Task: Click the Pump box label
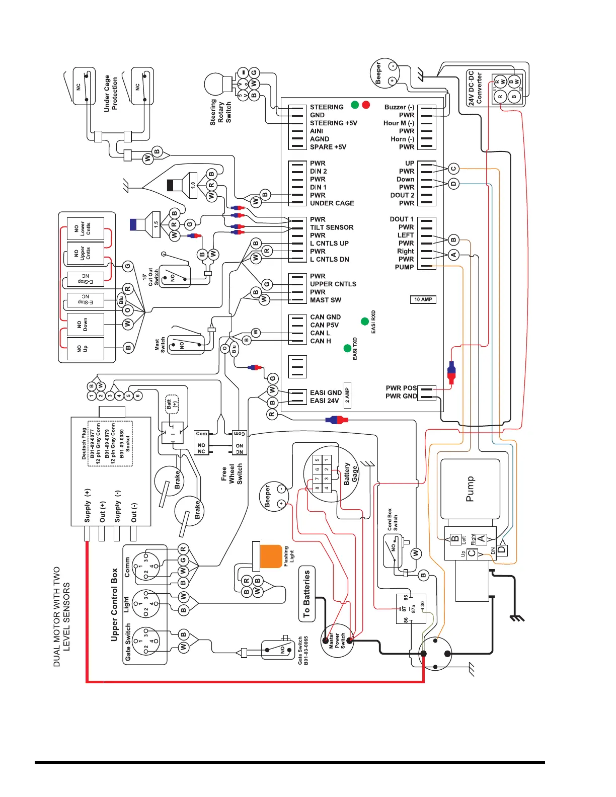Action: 470,489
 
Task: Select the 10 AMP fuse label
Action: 423,299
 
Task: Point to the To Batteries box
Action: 306,594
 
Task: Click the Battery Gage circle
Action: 330,473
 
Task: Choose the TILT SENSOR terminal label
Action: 332,227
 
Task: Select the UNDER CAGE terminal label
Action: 332,203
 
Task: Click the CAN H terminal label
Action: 321,341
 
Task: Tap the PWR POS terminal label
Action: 401,388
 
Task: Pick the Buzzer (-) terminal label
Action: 399,107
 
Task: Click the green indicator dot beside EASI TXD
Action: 347,348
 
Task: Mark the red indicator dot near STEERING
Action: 366,105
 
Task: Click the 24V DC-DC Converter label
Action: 475,88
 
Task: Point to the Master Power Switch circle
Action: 338,641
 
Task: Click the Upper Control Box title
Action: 114,604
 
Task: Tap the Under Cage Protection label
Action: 111,94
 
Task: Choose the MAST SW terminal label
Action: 325,300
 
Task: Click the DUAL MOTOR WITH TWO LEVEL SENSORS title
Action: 61,617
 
